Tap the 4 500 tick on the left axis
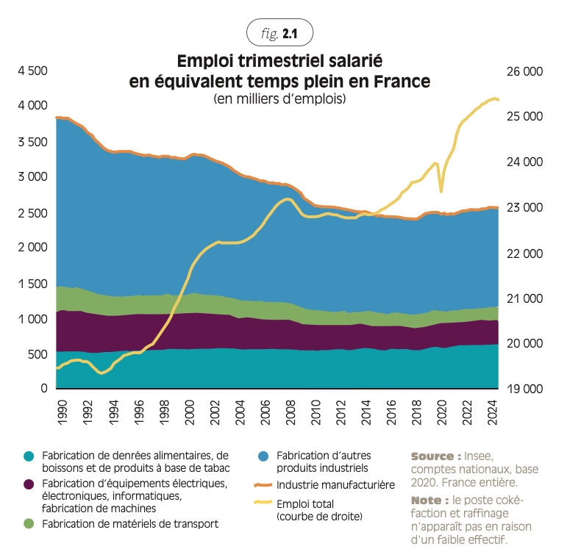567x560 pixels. coord(32,71)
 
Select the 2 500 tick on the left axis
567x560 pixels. coord(32,212)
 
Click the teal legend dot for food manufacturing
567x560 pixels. coord(29,456)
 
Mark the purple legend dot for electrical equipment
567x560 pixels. coord(29,484)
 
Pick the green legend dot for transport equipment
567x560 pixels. coord(29,523)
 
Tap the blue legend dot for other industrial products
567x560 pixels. coord(263,456)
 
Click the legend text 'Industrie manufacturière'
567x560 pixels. coord(336,485)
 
